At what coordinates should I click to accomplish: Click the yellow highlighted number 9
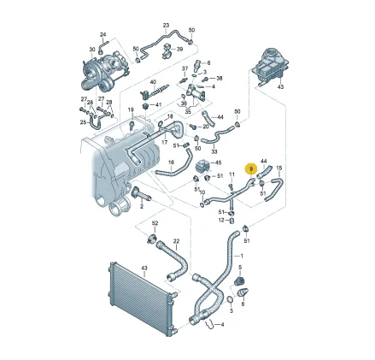coord(249,169)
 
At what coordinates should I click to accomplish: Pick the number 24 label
coord(103,34)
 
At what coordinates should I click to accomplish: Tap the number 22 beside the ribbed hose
coord(176,241)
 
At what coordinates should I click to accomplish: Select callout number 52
coord(155,223)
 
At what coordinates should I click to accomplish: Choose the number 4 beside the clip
coord(224,325)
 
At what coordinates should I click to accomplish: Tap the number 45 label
coord(217,162)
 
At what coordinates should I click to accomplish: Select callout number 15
coord(278,169)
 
